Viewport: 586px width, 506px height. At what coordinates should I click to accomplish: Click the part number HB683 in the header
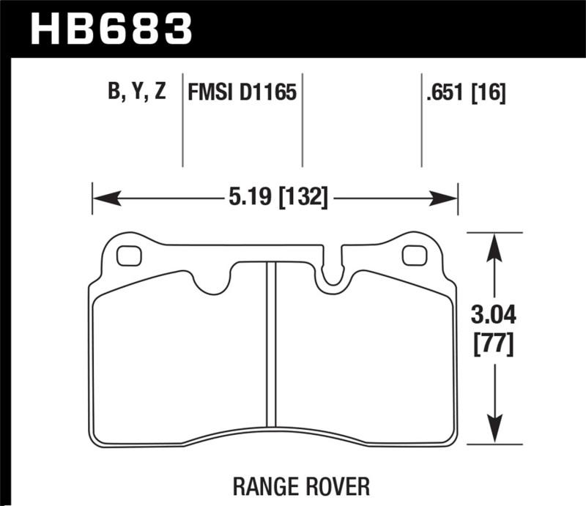click(111, 29)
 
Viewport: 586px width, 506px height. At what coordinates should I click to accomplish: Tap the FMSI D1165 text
click(242, 93)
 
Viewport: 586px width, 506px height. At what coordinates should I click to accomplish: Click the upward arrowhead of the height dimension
click(496, 245)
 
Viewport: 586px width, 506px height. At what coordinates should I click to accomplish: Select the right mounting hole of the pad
click(414, 256)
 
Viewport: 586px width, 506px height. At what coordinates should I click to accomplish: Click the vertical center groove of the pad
click(270, 344)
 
